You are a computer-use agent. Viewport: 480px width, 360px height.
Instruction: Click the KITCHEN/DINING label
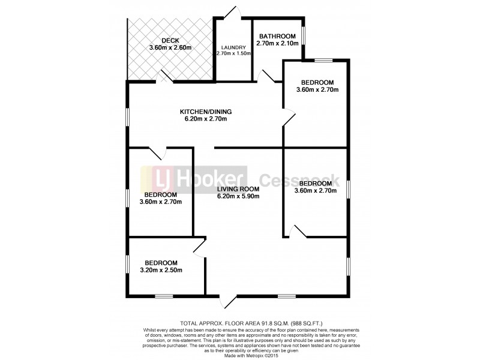point(206,111)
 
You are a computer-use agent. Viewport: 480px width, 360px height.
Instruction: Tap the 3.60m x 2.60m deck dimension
point(170,47)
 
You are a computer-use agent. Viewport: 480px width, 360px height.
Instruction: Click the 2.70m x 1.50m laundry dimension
point(233,54)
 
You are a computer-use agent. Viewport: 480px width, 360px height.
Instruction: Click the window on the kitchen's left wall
point(127,117)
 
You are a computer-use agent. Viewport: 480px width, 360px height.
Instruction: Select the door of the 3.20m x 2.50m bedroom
point(199,248)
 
